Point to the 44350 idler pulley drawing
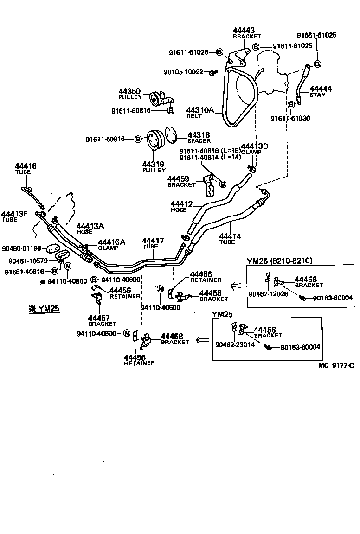[x=156, y=99]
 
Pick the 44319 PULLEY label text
[x=154, y=167]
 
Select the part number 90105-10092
[x=183, y=72]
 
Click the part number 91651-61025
[x=317, y=35]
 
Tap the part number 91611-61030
[x=290, y=118]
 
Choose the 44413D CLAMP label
[x=255, y=149]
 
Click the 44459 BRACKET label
[x=181, y=181]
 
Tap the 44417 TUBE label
[x=153, y=243]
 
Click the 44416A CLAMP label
[x=111, y=244]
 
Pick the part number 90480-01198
[x=21, y=248]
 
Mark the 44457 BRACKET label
[x=102, y=320]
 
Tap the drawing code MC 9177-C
[x=335, y=365]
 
